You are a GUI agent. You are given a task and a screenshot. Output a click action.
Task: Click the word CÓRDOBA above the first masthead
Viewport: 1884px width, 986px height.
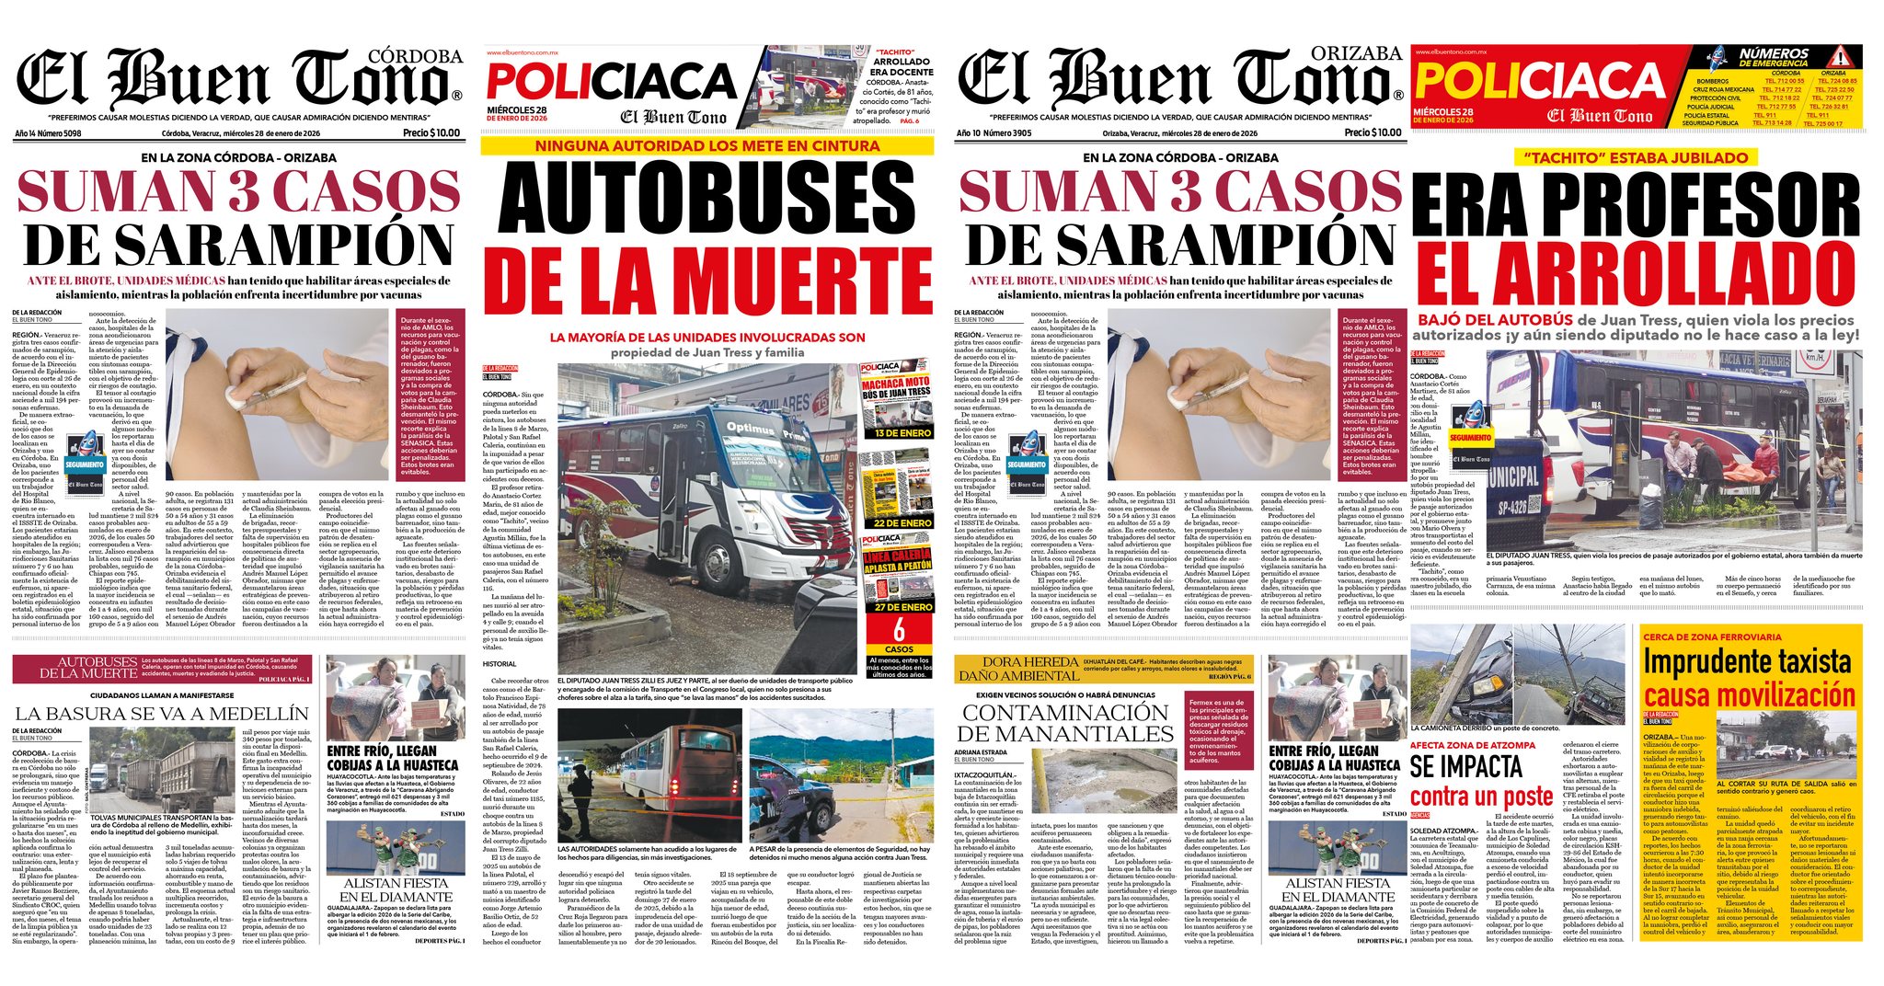(421, 57)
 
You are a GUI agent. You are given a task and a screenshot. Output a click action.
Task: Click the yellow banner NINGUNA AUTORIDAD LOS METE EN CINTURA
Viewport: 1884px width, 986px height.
(706, 145)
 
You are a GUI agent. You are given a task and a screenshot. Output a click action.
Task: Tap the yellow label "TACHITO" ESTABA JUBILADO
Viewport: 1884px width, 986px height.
(1635, 157)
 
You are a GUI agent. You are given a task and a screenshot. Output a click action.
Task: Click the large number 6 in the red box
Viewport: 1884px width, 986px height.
(899, 629)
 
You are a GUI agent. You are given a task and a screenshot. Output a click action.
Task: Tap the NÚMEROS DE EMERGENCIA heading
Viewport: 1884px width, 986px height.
(1774, 58)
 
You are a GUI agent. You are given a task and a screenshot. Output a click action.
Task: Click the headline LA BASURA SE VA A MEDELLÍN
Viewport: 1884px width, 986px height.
(161, 713)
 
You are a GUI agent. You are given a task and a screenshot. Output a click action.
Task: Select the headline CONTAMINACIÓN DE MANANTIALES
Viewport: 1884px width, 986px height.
(1064, 723)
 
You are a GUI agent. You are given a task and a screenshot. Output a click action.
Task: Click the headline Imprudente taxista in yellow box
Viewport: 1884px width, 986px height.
(1745, 663)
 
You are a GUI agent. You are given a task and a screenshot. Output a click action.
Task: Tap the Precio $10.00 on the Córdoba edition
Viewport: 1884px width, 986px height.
(431, 132)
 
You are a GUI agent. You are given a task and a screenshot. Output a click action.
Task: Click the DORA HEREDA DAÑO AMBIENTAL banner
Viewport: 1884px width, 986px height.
(1017, 669)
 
